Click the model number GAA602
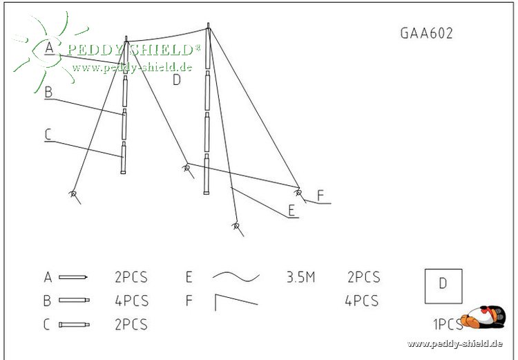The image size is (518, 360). [426, 33]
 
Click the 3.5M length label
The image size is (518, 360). [300, 278]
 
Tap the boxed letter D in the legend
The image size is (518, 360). [443, 285]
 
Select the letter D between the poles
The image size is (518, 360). [177, 79]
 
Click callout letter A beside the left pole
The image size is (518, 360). [48, 48]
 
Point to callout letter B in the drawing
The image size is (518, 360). [48, 91]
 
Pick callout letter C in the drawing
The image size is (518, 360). [48, 135]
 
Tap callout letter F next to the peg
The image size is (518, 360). [320, 195]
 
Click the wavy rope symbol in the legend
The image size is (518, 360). [236, 276]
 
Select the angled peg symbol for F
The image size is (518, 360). [236, 301]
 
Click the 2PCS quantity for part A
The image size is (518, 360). [131, 278]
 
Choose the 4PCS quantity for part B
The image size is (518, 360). [131, 301]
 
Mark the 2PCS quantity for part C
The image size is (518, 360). [131, 324]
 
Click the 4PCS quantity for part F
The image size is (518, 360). [361, 301]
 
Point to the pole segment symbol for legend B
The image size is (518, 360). [73, 301]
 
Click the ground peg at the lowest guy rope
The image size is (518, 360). [236, 226]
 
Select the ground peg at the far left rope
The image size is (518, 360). [73, 194]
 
